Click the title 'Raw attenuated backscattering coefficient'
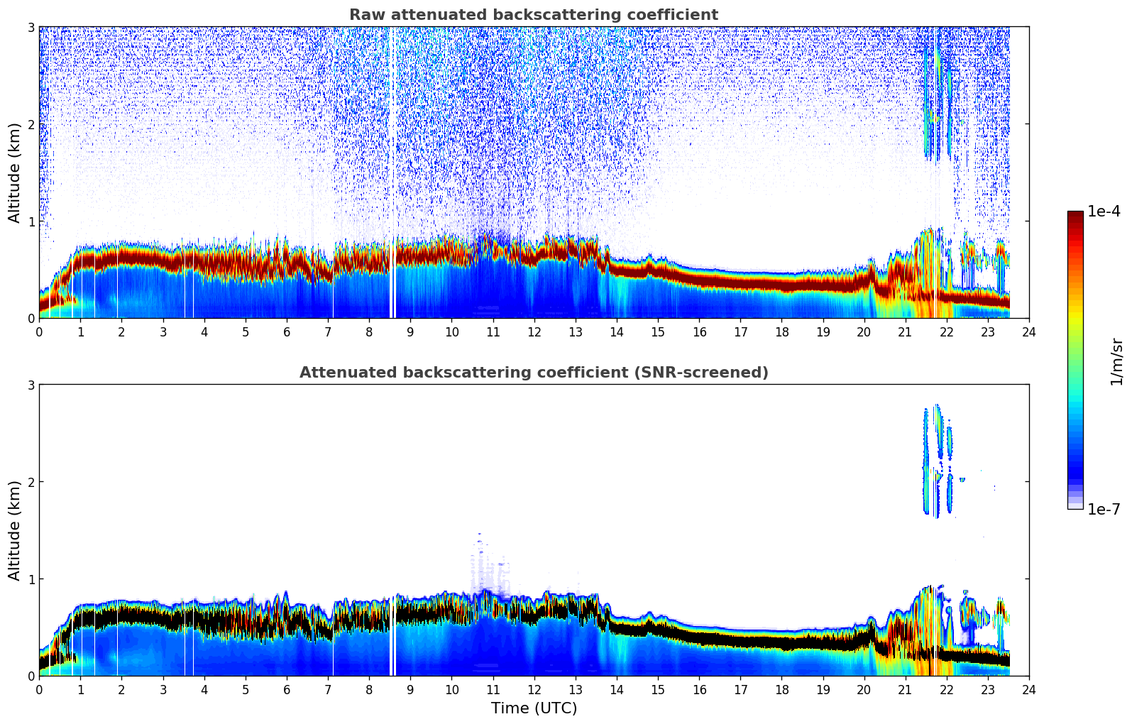pyautogui.click(x=533, y=15)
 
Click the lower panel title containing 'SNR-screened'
pyautogui.click(x=533, y=373)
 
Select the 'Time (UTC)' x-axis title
pyautogui.click(x=534, y=708)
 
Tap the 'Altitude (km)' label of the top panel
pyautogui.click(x=14, y=172)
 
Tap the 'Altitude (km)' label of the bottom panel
pyautogui.click(x=14, y=530)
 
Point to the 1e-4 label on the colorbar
pyautogui.click(x=1104, y=212)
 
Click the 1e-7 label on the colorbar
pyautogui.click(x=1104, y=510)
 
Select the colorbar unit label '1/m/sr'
pyautogui.click(x=1116, y=361)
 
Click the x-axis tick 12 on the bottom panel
pyautogui.click(x=534, y=689)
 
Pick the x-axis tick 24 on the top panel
pyautogui.click(x=1028, y=331)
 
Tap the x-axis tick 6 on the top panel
pyautogui.click(x=287, y=331)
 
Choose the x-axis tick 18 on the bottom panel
pyautogui.click(x=781, y=689)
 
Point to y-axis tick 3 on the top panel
pyautogui.click(x=31, y=27)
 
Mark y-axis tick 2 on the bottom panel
pyautogui.click(x=31, y=482)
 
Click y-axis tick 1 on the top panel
pyautogui.click(x=31, y=221)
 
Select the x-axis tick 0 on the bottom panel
pyautogui.click(x=39, y=689)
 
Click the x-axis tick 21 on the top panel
pyautogui.click(x=905, y=331)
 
